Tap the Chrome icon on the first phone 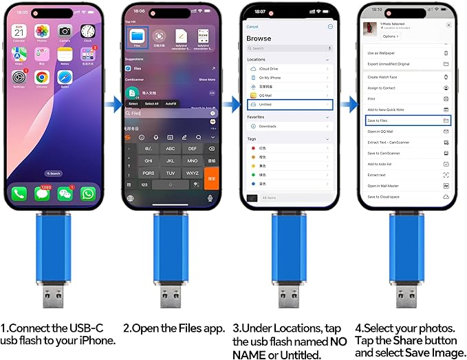pyautogui.click(x=41, y=78)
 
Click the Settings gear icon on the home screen pyautogui.click(x=19, y=78)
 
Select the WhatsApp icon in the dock pyautogui.click(x=87, y=193)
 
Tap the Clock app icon pyautogui.click(x=87, y=32)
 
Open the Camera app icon pyautogui.click(x=65, y=32)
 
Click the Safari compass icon pyautogui.click(x=65, y=78)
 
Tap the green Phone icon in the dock pyautogui.click(x=19, y=193)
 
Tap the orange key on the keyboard pyautogui.click(x=212, y=177)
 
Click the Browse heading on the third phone pyautogui.click(x=259, y=39)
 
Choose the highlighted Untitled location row pyautogui.click(x=290, y=105)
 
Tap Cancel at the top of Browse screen pyautogui.click(x=252, y=26)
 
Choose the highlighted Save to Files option pyautogui.click(x=406, y=120)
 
